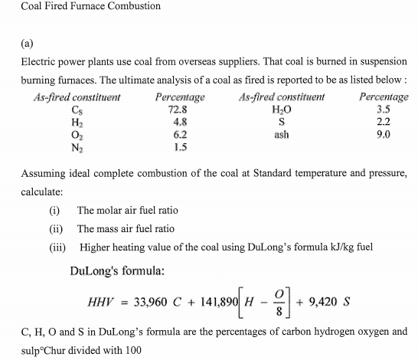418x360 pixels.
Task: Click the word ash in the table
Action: [281, 133]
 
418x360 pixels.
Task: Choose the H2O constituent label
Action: [281, 110]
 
